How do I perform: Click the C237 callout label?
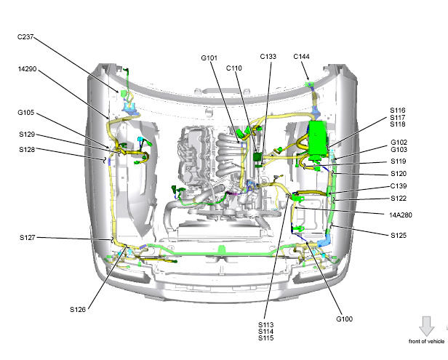pyautogui.click(x=25, y=37)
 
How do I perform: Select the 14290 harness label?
pyautogui.click(x=27, y=69)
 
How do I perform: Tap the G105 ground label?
pyautogui.click(x=25, y=112)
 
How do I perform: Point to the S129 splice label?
pyautogui.click(x=27, y=135)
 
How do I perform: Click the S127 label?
pyautogui.click(x=28, y=237)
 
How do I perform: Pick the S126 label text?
pyautogui.click(x=78, y=309)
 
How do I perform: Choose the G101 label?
pyautogui.click(x=209, y=58)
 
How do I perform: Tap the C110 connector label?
pyautogui.click(x=233, y=68)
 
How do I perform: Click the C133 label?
pyautogui.click(x=268, y=56)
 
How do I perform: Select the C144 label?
pyautogui.click(x=301, y=56)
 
